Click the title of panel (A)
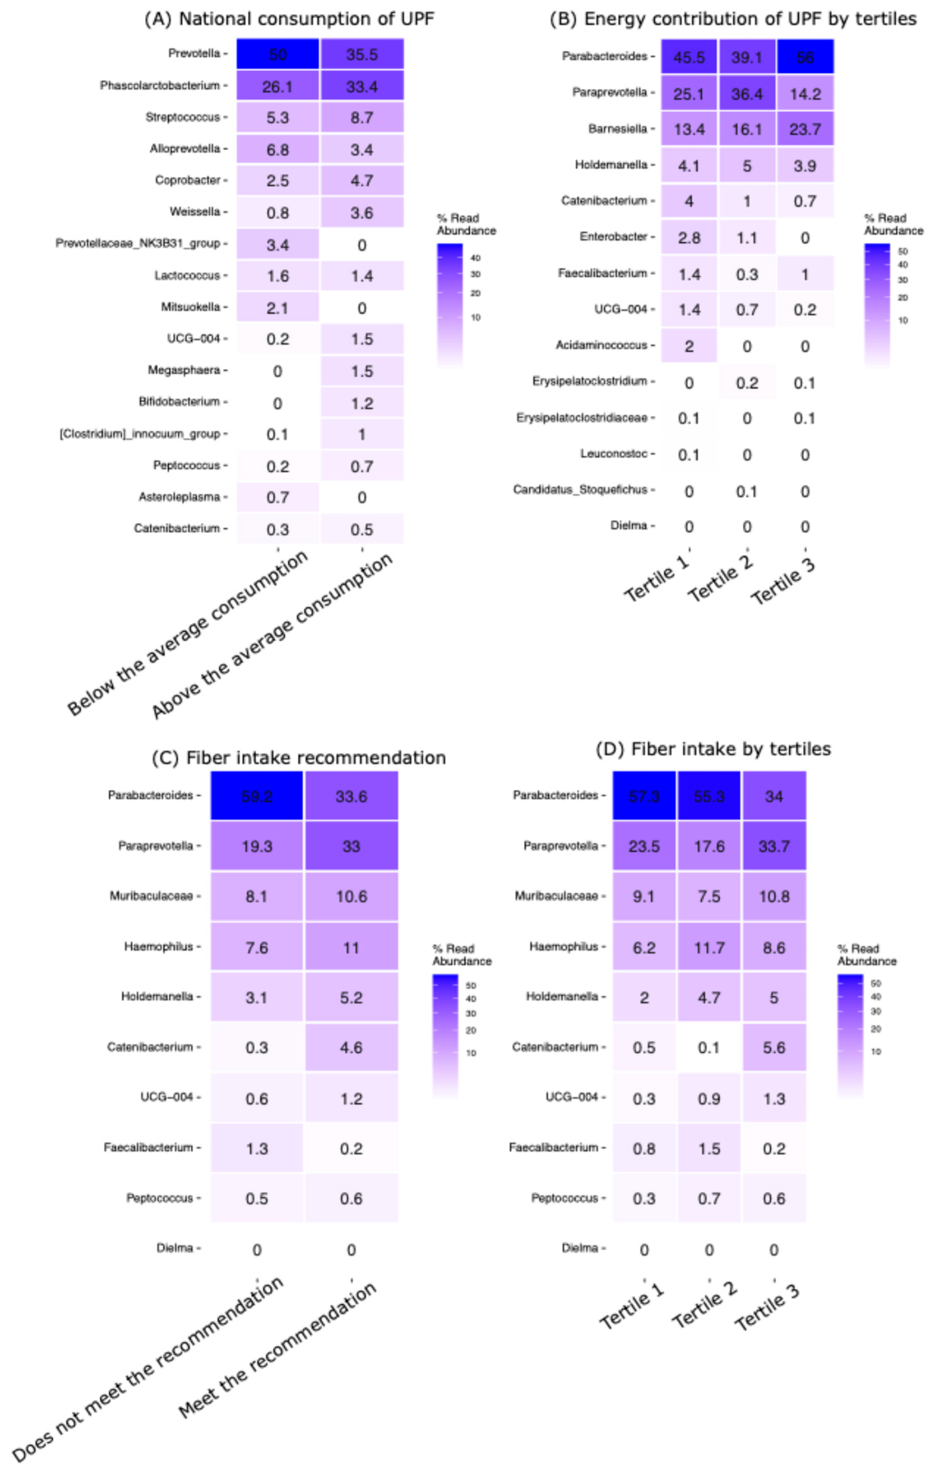[x=289, y=19]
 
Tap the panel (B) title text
[x=733, y=19]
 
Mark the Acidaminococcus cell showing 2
[x=689, y=346]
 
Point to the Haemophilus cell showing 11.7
[x=709, y=948]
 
